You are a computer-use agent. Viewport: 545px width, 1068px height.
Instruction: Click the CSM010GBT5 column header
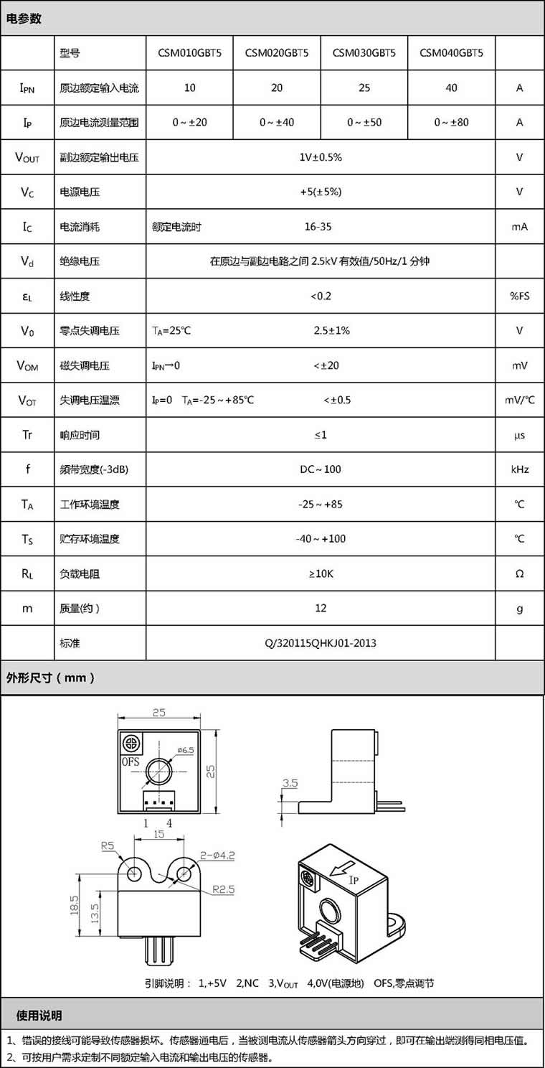coord(190,53)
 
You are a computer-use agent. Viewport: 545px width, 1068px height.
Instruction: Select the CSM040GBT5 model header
coord(451,53)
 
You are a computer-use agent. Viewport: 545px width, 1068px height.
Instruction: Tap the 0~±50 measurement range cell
coord(364,123)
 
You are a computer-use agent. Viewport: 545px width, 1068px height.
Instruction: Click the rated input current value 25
coord(364,88)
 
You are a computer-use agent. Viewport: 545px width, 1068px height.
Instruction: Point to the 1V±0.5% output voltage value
coord(321,157)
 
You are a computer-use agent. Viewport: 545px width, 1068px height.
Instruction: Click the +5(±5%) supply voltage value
coord(321,192)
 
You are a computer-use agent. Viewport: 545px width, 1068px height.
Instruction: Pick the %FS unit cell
coord(519,296)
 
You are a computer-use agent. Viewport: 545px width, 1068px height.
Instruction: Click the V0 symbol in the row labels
coord(27,331)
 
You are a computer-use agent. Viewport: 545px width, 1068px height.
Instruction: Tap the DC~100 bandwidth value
coord(321,469)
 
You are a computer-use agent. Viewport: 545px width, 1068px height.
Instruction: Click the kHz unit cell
coord(519,469)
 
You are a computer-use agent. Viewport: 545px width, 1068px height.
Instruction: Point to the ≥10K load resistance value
coord(321,573)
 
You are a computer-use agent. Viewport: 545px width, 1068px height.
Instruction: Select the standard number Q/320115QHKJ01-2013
coord(321,643)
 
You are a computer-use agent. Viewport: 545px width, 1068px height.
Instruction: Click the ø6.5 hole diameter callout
coord(186,750)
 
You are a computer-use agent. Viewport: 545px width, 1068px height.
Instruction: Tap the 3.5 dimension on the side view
coord(290,784)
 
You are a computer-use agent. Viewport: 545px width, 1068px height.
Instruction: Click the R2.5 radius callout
coord(223,889)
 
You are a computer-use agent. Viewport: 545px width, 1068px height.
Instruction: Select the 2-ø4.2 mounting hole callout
coord(218,855)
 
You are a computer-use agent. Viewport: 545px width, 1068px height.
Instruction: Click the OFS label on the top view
coord(131,762)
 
